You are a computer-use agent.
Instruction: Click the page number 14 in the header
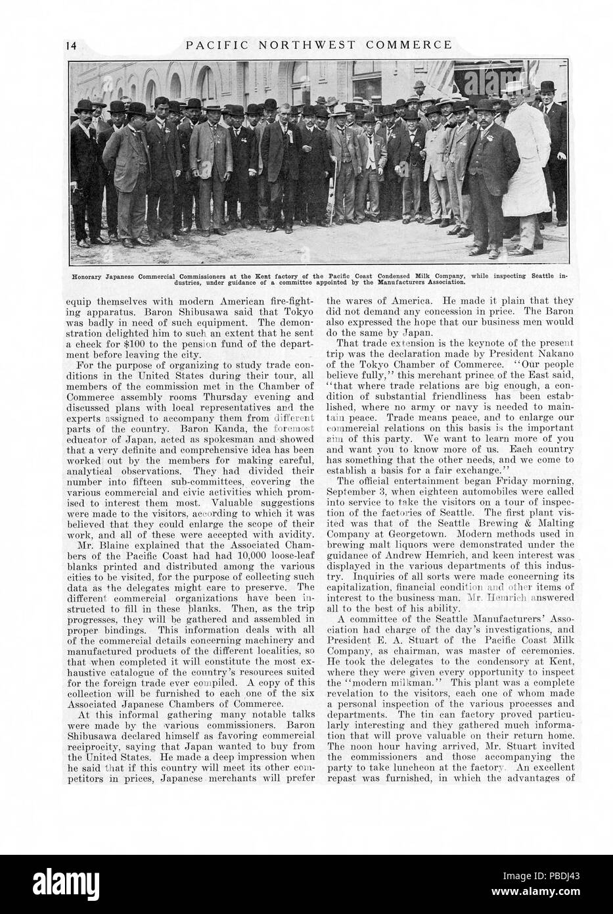72,45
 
